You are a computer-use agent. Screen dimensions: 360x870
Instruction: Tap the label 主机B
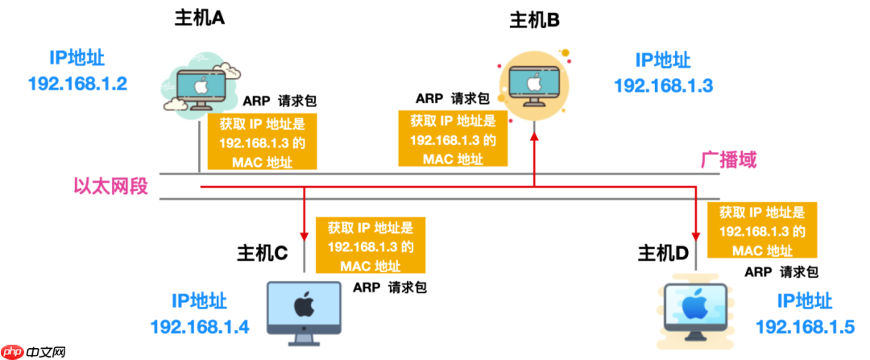534,20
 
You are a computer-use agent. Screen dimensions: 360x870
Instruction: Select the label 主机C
262,253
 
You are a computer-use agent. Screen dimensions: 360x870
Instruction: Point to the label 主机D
664,254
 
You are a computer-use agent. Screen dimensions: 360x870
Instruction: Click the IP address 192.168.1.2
77,83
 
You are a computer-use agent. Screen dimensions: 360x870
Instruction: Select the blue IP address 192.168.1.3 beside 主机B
663,85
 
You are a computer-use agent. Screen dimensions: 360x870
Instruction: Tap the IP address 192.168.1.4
200,327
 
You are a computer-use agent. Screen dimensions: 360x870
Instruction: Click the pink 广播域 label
728,159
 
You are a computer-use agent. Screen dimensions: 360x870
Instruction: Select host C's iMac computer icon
303,309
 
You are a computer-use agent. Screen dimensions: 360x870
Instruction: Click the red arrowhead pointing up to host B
533,139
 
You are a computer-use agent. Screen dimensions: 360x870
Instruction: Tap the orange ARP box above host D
761,230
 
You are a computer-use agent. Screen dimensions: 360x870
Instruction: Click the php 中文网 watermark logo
34,352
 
